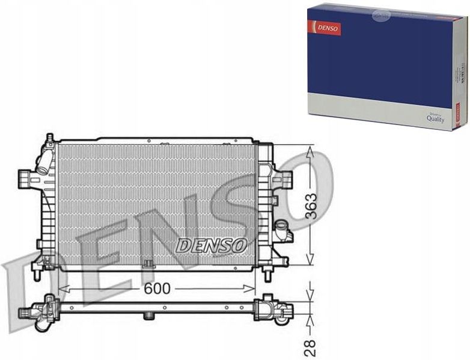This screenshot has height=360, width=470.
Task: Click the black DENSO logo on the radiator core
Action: pos(212,245)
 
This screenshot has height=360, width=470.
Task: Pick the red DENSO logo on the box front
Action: pos(325,27)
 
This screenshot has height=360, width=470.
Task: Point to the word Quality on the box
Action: pos(435,119)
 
